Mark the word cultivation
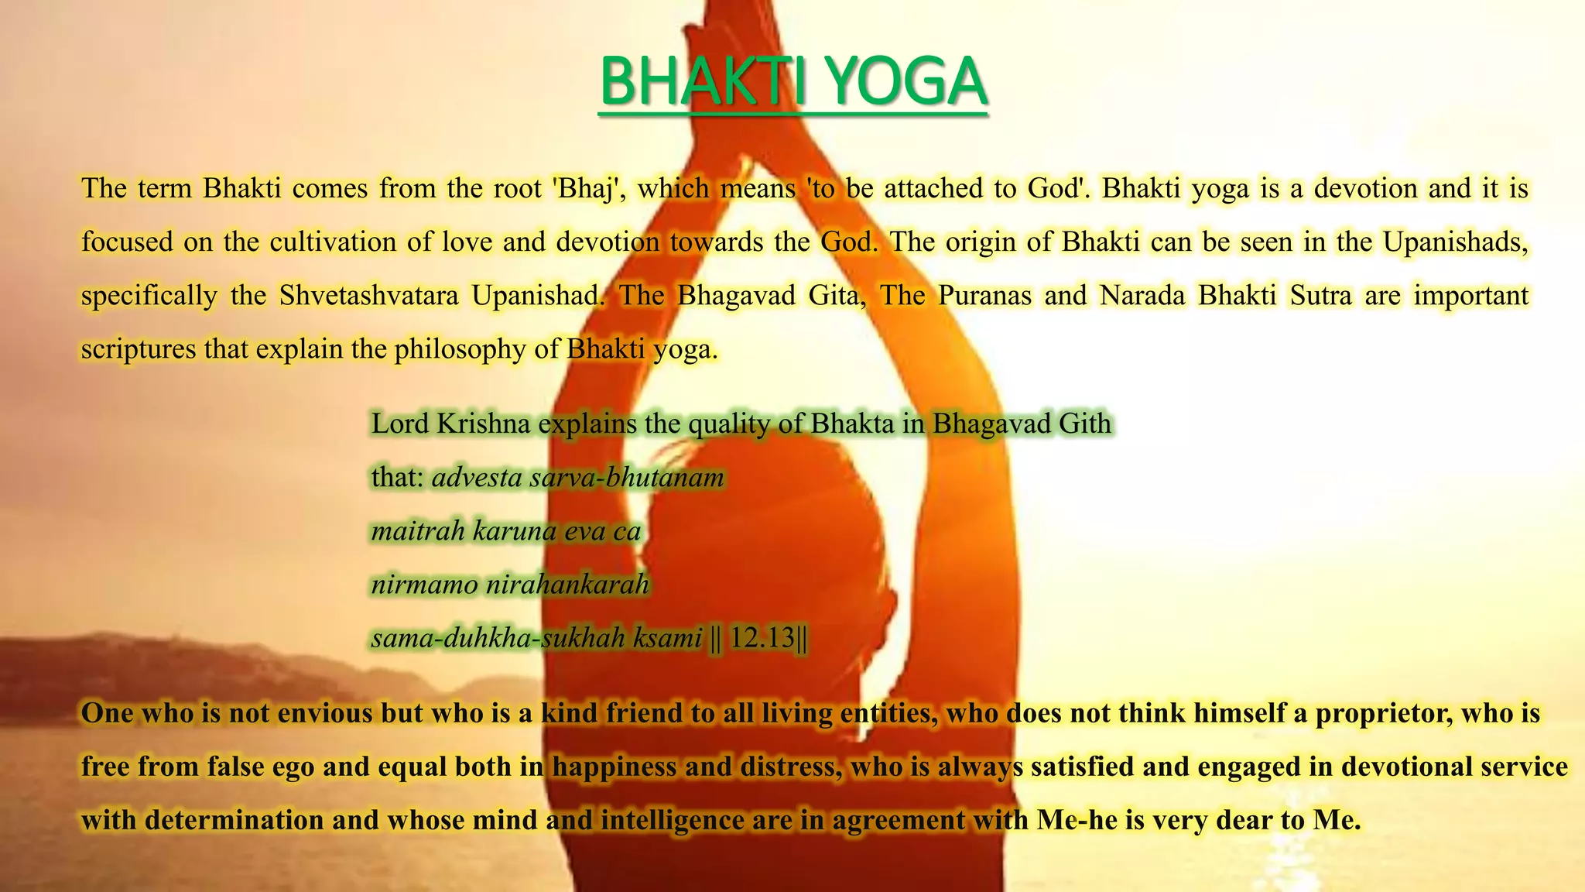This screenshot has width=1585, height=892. click(x=334, y=242)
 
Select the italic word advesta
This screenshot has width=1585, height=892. click(x=477, y=478)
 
